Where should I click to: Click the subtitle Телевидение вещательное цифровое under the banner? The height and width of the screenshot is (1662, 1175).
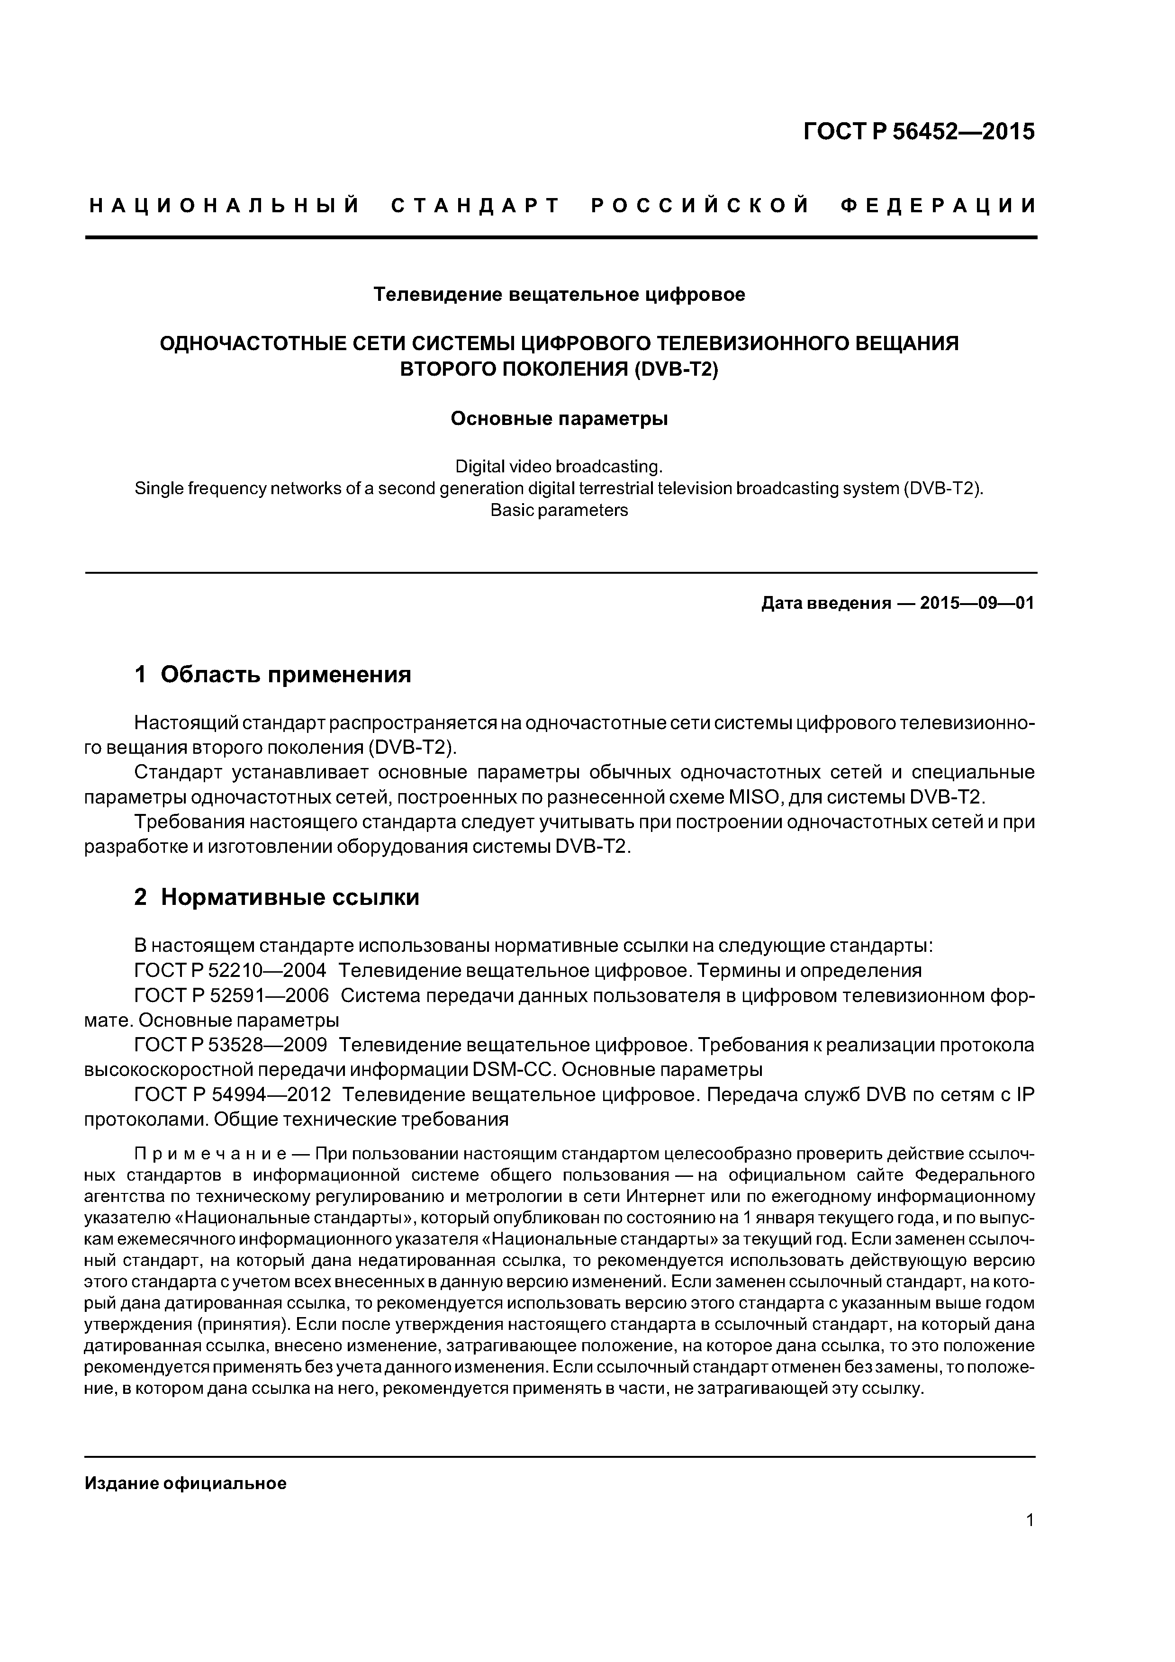pos(559,295)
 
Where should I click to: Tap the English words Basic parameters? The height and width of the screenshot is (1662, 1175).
pos(559,510)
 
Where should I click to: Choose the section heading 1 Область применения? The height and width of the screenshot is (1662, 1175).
pos(273,675)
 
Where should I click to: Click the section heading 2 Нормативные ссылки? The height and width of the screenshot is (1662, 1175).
pos(277,898)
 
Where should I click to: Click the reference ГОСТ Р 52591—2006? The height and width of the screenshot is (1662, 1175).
pos(232,995)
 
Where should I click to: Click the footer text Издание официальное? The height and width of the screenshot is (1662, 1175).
pos(186,1483)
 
